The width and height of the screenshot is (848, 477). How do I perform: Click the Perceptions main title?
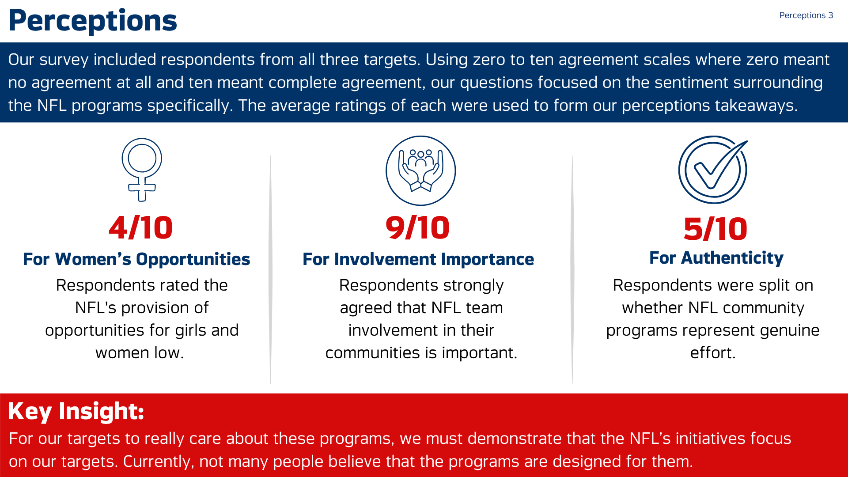(93, 21)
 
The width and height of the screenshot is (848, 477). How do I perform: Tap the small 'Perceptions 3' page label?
(806, 15)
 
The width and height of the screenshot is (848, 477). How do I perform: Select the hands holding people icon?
(420, 170)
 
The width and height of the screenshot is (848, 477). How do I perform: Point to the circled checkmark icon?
(713, 170)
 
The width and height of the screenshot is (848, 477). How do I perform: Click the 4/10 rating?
(141, 228)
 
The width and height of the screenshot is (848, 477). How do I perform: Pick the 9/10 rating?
(418, 228)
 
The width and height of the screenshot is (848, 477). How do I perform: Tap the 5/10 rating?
(715, 229)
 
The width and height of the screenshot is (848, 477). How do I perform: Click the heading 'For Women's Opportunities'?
(136, 259)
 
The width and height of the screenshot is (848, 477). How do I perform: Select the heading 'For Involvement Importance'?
(418, 259)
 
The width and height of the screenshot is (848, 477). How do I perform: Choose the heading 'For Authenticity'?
(716, 258)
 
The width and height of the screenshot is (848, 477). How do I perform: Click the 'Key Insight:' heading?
(76, 412)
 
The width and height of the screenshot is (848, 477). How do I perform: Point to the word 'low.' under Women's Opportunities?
(169, 352)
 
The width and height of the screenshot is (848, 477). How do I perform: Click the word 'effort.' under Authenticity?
(713, 352)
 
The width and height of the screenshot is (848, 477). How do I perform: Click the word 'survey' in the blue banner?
(64, 60)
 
